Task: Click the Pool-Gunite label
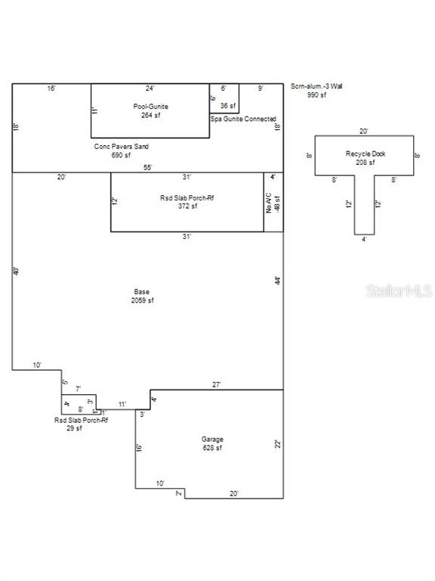click(151, 107)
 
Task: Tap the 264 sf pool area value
click(151, 116)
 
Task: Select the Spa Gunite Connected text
click(243, 120)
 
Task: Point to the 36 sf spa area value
click(228, 106)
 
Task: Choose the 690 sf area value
click(122, 154)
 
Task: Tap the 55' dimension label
click(148, 167)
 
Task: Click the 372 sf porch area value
click(187, 206)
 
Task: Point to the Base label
click(141, 291)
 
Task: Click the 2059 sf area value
click(141, 300)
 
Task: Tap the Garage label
click(211, 439)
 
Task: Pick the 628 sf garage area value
click(211, 448)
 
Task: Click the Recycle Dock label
click(366, 154)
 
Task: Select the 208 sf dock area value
click(366, 163)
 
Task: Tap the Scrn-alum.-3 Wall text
click(316, 87)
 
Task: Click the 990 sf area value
click(316, 95)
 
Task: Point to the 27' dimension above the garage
click(216, 384)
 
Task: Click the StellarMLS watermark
click(400, 290)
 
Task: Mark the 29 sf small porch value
click(74, 428)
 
